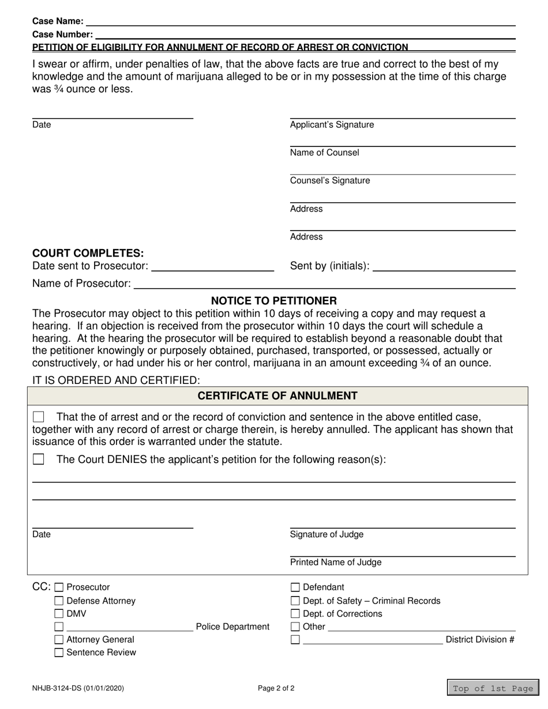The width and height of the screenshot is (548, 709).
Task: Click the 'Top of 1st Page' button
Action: point(493,688)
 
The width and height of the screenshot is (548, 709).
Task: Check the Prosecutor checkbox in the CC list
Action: point(59,587)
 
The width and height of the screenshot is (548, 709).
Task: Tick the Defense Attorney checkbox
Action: point(59,601)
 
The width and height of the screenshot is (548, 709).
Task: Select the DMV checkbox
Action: point(59,614)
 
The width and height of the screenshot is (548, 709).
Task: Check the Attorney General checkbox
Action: point(59,640)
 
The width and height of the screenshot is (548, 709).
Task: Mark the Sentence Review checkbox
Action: point(59,653)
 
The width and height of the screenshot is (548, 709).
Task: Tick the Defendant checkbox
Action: point(295,587)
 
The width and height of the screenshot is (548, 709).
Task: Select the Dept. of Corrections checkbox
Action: point(295,614)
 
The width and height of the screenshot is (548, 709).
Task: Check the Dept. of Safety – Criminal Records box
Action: point(295,601)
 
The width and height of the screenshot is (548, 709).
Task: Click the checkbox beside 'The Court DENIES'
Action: point(39,459)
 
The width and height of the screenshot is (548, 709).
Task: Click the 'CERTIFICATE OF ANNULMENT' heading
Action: point(277,396)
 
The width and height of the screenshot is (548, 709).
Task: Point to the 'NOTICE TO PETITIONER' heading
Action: point(274,301)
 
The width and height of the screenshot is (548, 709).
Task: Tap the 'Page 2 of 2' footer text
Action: point(276,688)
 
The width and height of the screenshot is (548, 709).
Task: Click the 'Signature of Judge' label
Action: point(326,534)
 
